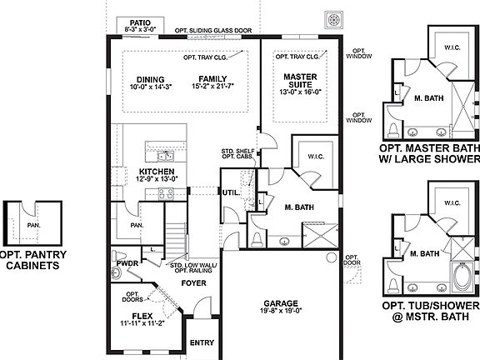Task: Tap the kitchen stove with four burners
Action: tap(165, 193)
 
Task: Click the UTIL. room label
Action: tap(230, 192)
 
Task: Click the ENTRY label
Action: tap(202, 342)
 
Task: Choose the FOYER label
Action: tap(194, 283)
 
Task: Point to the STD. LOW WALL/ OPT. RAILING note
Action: tap(193, 268)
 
